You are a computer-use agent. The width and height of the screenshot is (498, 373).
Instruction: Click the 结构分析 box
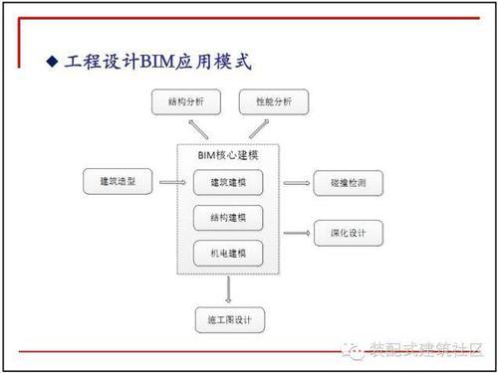[184, 102]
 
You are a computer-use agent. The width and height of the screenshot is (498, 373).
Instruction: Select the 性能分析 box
[274, 102]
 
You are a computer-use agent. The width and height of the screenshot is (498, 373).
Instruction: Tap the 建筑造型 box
[117, 183]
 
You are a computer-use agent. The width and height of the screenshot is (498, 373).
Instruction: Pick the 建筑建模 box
[228, 184]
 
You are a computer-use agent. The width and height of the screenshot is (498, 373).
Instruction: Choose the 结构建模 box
[228, 219]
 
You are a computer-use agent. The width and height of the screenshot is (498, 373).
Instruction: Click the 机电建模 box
[228, 254]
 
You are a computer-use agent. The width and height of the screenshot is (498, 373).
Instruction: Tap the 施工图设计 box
[229, 320]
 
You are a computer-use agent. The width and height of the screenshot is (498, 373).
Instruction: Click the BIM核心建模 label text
[228, 157]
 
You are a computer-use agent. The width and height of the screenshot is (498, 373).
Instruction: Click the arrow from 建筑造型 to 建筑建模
[171, 183]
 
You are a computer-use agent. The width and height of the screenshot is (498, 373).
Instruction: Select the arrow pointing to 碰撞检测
[297, 184]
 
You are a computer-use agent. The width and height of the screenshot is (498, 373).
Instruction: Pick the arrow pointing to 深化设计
[297, 234]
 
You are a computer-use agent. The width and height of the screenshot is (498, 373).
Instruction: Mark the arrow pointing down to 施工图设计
[229, 289]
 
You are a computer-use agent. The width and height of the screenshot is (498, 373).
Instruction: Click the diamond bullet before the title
[54, 63]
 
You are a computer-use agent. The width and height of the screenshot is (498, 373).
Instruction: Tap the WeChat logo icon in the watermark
[356, 351]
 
